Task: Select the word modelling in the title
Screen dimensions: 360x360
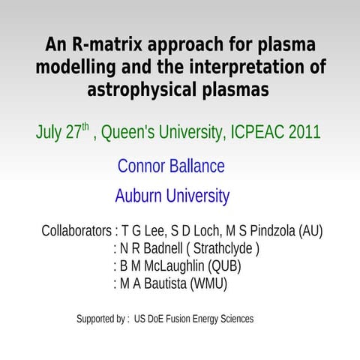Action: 74,67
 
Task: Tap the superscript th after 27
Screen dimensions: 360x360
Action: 85,127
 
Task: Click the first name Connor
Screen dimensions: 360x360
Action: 144,166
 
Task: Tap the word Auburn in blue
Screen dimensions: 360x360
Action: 139,196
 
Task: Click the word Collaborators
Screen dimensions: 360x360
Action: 77,231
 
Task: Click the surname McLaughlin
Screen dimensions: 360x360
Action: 169,266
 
